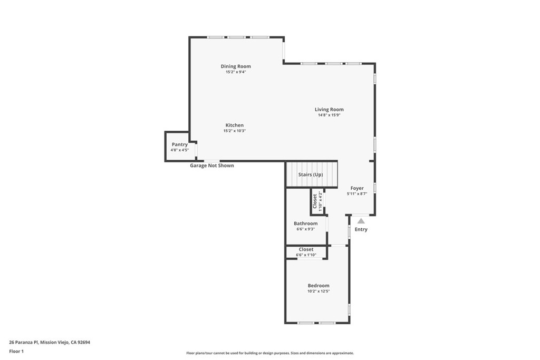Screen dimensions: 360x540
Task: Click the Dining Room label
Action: (x=236, y=66)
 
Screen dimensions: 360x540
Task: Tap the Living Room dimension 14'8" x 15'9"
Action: (x=329, y=115)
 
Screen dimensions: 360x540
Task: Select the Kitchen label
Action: (x=235, y=125)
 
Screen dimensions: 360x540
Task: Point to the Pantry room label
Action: (x=179, y=144)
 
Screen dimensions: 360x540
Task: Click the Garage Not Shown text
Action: (x=212, y=166)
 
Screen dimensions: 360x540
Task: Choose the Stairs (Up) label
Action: (x=311, y=174)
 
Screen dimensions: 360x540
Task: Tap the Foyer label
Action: (x=357, y=188)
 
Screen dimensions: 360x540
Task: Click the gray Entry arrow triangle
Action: (x=361, y=221)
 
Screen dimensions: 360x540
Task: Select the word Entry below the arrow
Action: (x=361, y=229)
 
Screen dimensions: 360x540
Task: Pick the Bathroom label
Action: (x=305, y=223)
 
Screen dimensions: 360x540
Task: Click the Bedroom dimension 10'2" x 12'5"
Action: (x=319, y=291)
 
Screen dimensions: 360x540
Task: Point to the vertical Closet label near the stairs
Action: (x=315, y=201)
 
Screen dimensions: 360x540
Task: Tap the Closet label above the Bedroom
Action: (x=306, y=249)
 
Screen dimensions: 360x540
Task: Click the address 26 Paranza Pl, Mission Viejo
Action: (x=50, y=342)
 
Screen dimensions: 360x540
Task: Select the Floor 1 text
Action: (x=16, y=351)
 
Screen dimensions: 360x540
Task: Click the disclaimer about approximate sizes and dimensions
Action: (x=269, y=353)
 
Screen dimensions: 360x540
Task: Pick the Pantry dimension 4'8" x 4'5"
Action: (x=179, y=150)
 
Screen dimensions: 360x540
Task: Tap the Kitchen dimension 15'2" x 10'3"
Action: (x=235, y=131)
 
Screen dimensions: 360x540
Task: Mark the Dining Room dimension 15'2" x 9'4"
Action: (x=236, y=72)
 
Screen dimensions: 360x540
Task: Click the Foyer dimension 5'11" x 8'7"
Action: (x=357, y=193)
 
